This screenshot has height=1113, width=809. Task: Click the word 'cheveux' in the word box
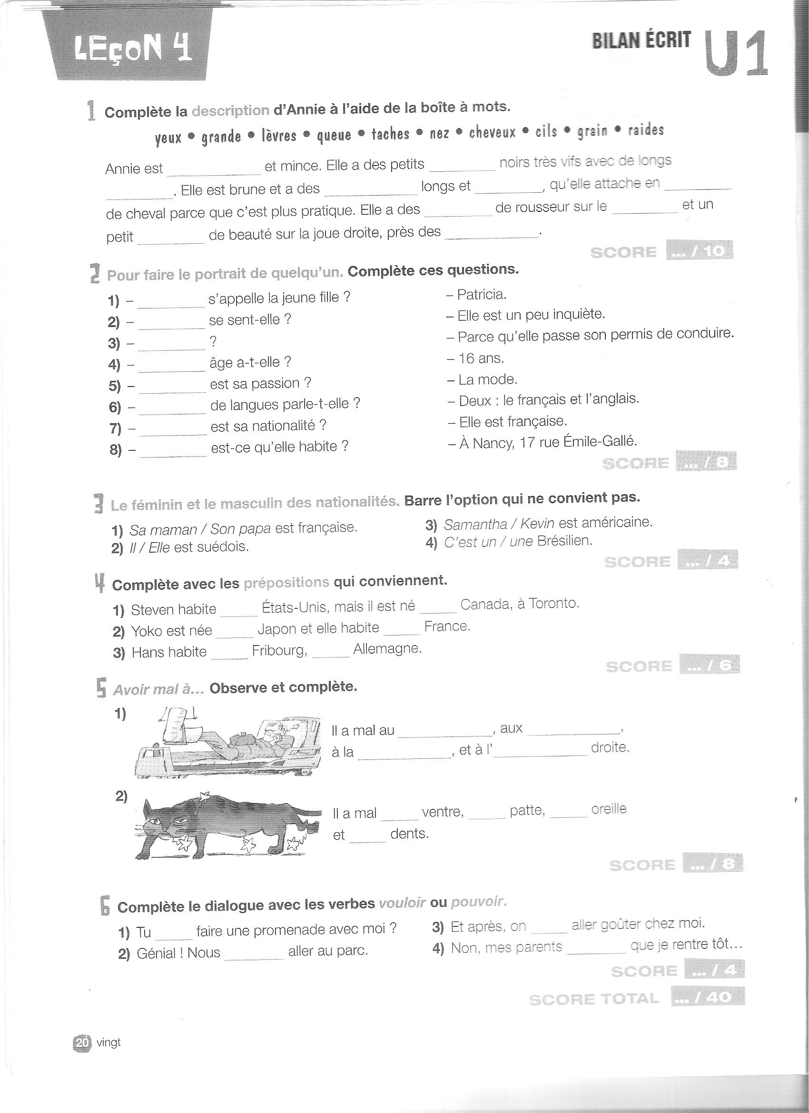(x=492, y=132)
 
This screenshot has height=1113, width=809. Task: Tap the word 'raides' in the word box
(x=646, y=129)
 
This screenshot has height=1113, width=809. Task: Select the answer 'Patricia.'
(x=481, y=295)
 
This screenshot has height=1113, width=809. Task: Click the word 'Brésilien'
(x=564, y=541)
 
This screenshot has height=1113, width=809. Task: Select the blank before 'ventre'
(x=399, y=815)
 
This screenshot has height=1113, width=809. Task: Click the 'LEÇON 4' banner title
(x=132, y=49)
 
